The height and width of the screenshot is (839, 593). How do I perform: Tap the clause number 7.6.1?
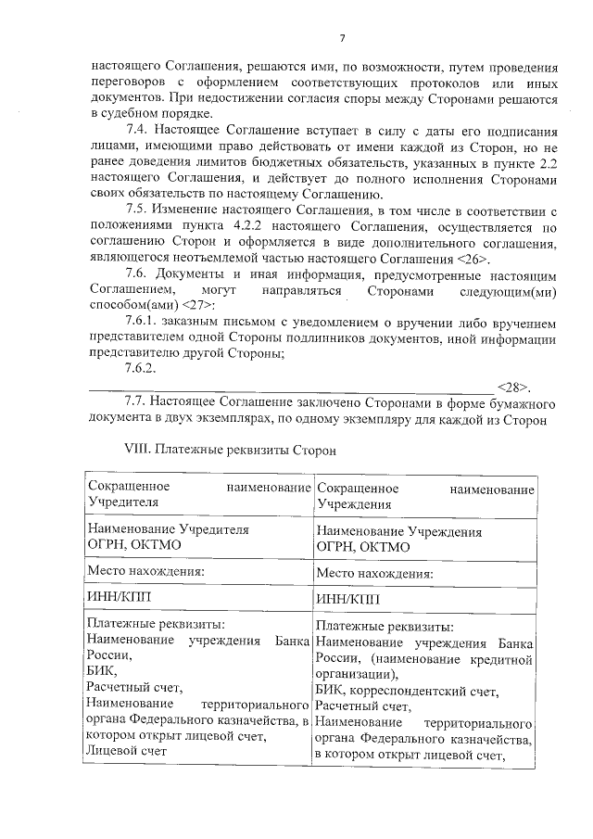144,321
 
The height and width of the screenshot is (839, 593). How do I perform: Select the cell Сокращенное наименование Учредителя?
196,495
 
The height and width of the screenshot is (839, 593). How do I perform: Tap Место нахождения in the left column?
145,572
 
